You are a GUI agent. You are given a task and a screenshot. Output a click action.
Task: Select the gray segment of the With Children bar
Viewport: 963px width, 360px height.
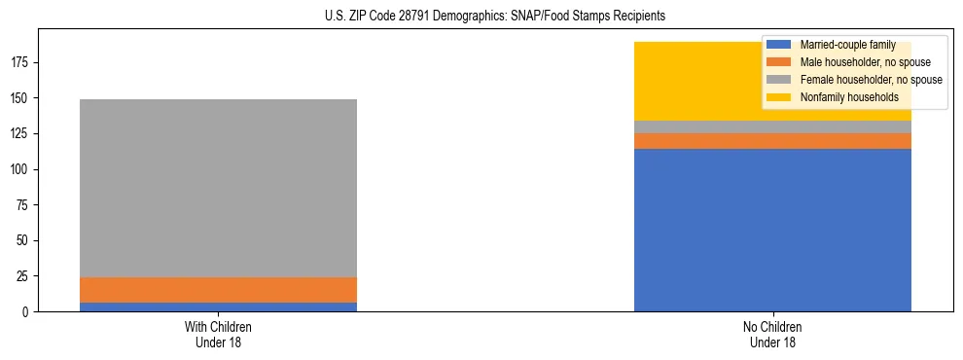click(218, 188)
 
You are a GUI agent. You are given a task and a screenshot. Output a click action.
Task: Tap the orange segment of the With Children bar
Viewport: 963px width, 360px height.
click(218, 290)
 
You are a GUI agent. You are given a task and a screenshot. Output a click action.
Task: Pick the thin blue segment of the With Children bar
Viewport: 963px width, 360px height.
click(218, 306)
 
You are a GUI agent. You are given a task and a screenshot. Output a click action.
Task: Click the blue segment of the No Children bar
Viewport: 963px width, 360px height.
click(772, 230)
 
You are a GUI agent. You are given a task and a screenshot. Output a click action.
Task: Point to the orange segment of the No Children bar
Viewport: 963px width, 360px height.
click(772, 141)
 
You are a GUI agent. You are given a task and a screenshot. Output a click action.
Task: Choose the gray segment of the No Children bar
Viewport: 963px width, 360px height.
click(772, 126)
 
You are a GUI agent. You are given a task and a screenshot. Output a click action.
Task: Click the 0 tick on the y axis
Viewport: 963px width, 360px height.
click(27, 311)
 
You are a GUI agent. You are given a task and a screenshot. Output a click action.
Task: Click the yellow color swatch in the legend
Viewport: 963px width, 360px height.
click(778, 97)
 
